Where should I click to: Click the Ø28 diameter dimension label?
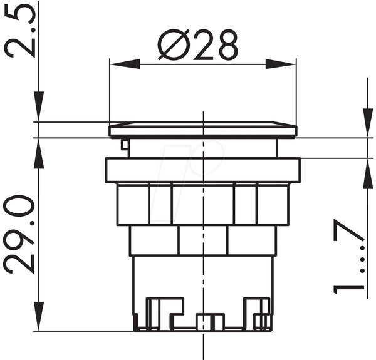coord(198,45)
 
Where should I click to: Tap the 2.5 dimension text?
coord(20,29)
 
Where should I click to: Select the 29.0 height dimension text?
coord(19,235)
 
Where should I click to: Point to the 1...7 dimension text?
coord(349,256)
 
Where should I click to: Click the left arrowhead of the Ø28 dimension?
coord(125,64)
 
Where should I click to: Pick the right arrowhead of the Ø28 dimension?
coord(281,64)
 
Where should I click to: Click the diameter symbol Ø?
coord(174,45)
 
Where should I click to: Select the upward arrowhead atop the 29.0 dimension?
coord(38,153)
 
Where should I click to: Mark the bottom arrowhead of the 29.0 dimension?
coord(38,316)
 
